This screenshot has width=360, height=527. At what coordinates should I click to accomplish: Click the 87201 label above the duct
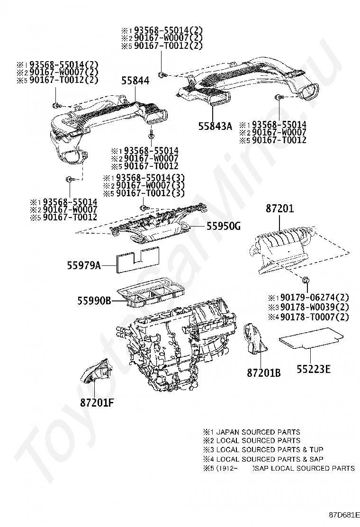[279, 209]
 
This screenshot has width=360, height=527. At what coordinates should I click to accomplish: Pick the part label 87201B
[263, 373]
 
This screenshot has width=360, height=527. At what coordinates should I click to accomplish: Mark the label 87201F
[98, 403]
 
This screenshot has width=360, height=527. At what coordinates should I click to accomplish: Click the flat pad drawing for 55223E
[310, 340]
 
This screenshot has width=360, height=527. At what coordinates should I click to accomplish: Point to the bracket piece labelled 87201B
[255, 339]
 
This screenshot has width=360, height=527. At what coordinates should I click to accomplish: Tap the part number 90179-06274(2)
[314, 298]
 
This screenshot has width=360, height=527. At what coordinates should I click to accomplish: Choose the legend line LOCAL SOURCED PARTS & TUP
[263, 449]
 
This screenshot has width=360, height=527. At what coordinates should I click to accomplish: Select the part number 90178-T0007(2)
[314, 317]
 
